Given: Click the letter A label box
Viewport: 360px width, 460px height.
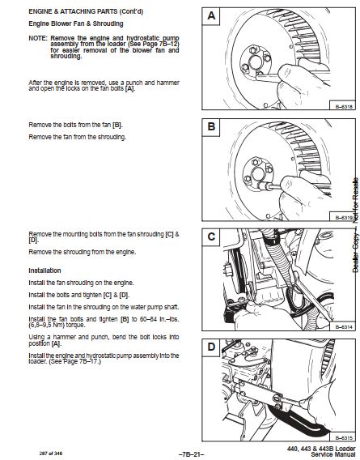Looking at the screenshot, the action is point(211,16).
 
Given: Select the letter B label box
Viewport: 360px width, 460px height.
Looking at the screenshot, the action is point(211,127).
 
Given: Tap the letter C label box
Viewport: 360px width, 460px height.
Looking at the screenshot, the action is point(211,237).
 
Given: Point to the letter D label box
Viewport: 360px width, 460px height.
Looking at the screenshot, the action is point(211,347).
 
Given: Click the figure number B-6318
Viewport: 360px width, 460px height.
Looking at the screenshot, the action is point(344,107).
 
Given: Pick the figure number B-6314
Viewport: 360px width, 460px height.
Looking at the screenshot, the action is point(344,327).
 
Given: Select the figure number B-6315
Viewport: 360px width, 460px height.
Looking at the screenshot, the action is point(344,437).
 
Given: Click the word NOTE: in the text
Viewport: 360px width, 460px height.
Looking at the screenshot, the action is point(38,38).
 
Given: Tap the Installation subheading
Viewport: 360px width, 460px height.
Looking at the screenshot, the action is point(44,270).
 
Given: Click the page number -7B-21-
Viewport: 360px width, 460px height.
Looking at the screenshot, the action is point(191,454).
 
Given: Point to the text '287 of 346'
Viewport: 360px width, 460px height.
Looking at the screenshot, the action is point(51,454).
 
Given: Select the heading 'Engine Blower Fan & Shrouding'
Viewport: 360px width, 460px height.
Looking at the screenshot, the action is point(76,23).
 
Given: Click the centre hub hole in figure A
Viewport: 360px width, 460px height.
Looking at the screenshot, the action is point(256,62).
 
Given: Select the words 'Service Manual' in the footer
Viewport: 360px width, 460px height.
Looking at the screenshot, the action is point(333,454).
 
